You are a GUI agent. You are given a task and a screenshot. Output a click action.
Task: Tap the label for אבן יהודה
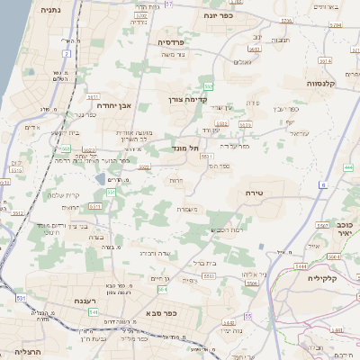pyautogui.click(x=112, y=105)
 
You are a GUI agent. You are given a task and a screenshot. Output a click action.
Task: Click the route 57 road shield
pyautogui.click(x=169, y=5)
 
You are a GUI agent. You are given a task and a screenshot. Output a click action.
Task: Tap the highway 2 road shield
pyautogui.click(x=66, y=54)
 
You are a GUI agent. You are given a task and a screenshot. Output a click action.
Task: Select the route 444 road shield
pyautogui.click(x=347, y=167)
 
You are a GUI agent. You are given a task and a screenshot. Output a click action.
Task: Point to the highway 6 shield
pyautogui.click(x=323, y=184)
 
